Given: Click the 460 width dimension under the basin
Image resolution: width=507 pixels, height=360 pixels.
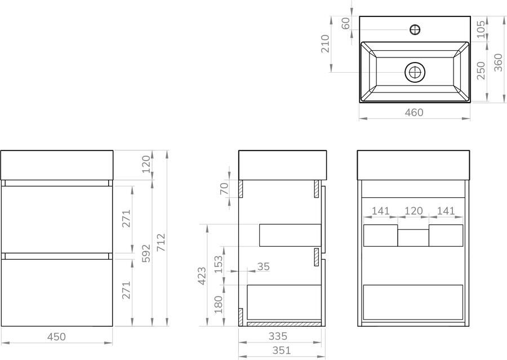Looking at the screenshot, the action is click(x=414, y=112).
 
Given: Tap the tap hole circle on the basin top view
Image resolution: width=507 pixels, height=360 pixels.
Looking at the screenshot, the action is click(x=415, y=30).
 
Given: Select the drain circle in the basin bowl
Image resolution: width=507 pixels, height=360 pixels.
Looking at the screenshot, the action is click(x=415, y=72).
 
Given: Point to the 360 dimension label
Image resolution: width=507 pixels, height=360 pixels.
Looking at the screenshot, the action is click(x=499, y=63).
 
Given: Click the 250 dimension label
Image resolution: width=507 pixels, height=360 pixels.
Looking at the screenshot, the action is click(x=481, y=70).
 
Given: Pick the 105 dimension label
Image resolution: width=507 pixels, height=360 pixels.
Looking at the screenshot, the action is click(x=481, y=29).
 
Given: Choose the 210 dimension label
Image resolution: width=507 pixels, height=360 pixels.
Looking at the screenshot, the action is click(x=324, y=44).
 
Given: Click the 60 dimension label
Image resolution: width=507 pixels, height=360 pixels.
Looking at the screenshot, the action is click(x=346, y=23).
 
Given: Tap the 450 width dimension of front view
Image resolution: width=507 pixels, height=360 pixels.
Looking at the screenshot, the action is click(x=56, y=337).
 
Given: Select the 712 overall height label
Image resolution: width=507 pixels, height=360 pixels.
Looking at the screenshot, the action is click(x=161, y=242).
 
